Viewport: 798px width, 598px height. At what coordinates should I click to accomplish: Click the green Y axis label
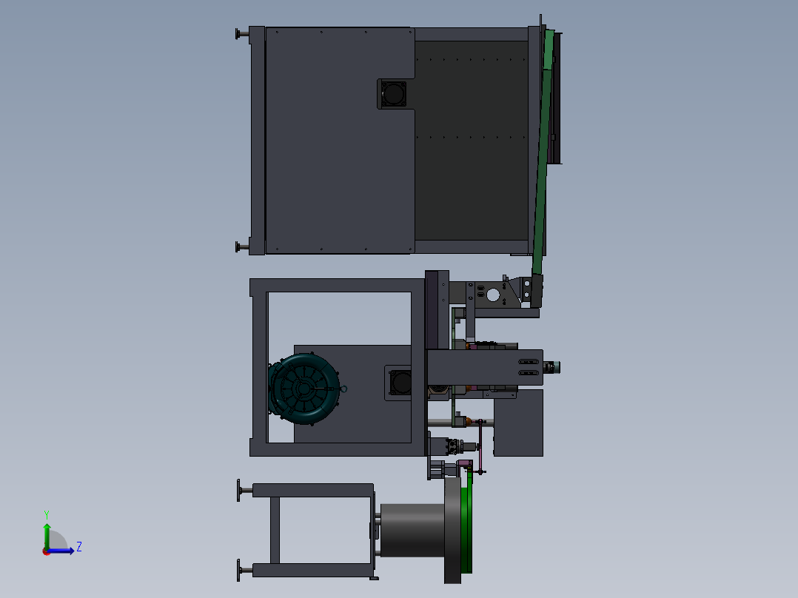click(47, 514)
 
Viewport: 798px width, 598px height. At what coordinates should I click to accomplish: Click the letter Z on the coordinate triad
click(79, 547)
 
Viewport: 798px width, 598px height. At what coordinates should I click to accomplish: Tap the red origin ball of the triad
click(47, 551)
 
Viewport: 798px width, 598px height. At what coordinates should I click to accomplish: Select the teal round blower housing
click(304, 389)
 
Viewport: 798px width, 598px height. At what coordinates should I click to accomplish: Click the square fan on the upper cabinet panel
click(393, 94)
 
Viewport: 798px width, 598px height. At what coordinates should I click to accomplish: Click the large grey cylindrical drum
click(413, 531)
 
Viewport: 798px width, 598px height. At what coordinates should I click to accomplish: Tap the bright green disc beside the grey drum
click(466, 529)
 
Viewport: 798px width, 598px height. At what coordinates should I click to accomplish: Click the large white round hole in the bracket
click(493, 295)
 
